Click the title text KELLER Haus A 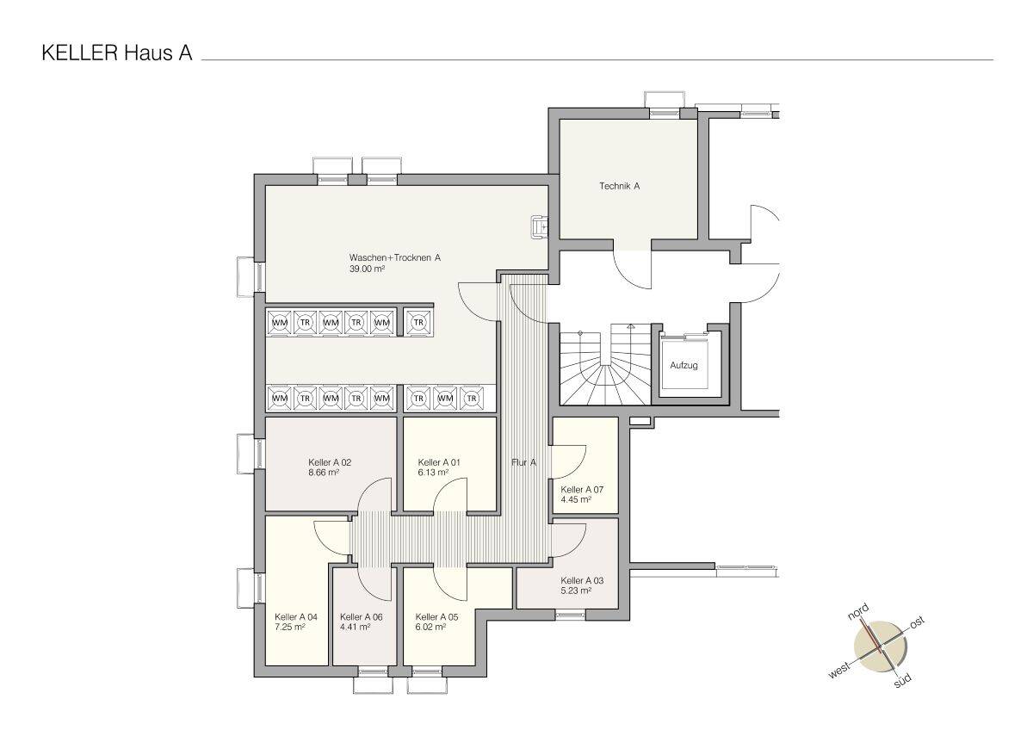(x=116, y=53)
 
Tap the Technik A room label (x=620, y=186)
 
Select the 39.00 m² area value (x=367, y=269)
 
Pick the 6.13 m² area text (x=435, y=473)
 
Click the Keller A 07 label (x=582, y=489)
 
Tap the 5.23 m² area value (x=577, y=591)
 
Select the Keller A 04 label (x=296, y=616)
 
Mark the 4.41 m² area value (x=356, y=627)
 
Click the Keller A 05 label (x=436, y=616)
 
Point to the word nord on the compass (x=859, y=611)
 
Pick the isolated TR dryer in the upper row (x=419, y=322)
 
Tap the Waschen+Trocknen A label (x=395, y=257)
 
